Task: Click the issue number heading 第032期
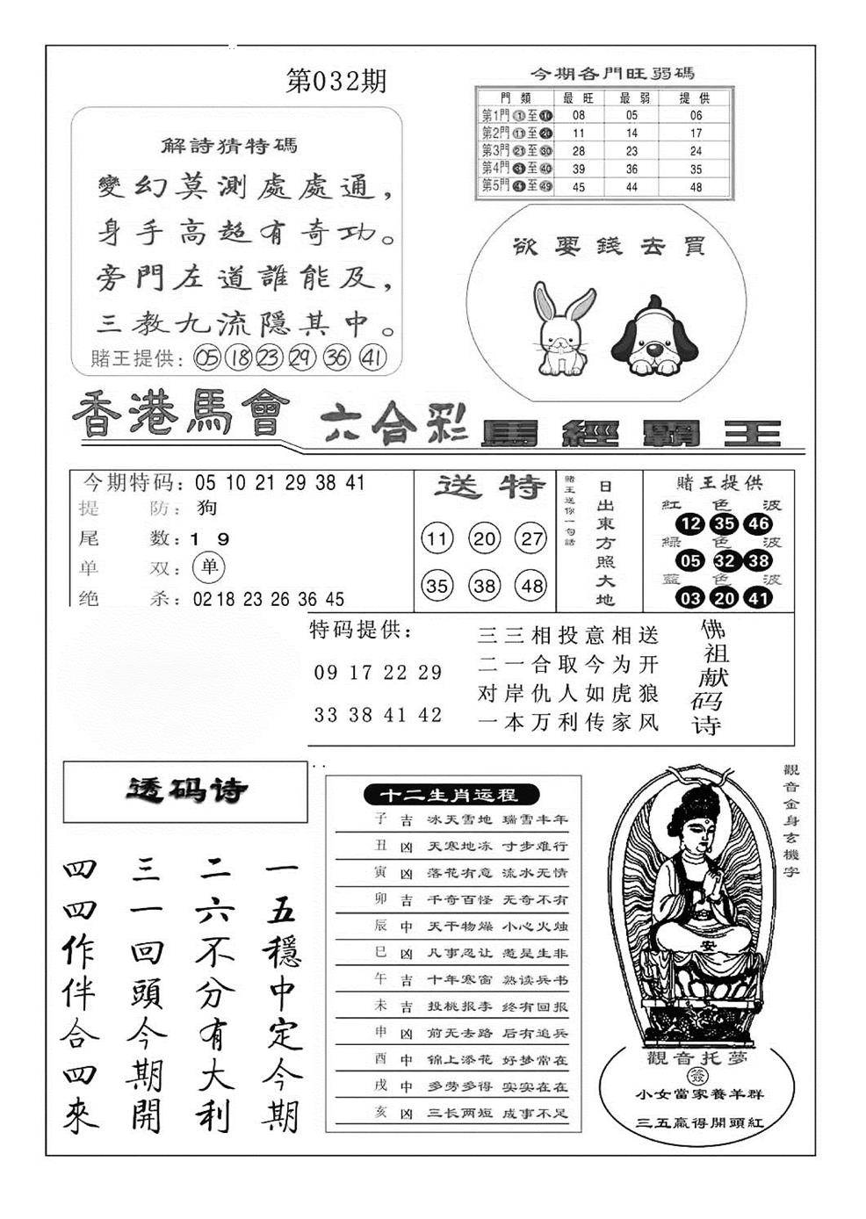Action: [336, 82]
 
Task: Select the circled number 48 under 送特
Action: [531, 586]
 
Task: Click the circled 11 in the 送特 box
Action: [437, 538]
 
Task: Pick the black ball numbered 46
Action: [757, 524]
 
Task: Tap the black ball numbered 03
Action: [691, 599]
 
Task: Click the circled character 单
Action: [208, 567]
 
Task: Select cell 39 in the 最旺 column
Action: [578, 169]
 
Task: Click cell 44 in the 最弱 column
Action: [631, 187]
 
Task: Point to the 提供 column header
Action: [696, 97]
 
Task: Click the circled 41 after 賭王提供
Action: [373, 357]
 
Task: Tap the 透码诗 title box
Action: [185, 791]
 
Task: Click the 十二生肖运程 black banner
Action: [447, 795]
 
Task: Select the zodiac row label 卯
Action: [380, 899]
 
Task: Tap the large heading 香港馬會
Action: [180, 415]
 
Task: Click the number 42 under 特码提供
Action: [430, 715]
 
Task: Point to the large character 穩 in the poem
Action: [281, 951]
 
